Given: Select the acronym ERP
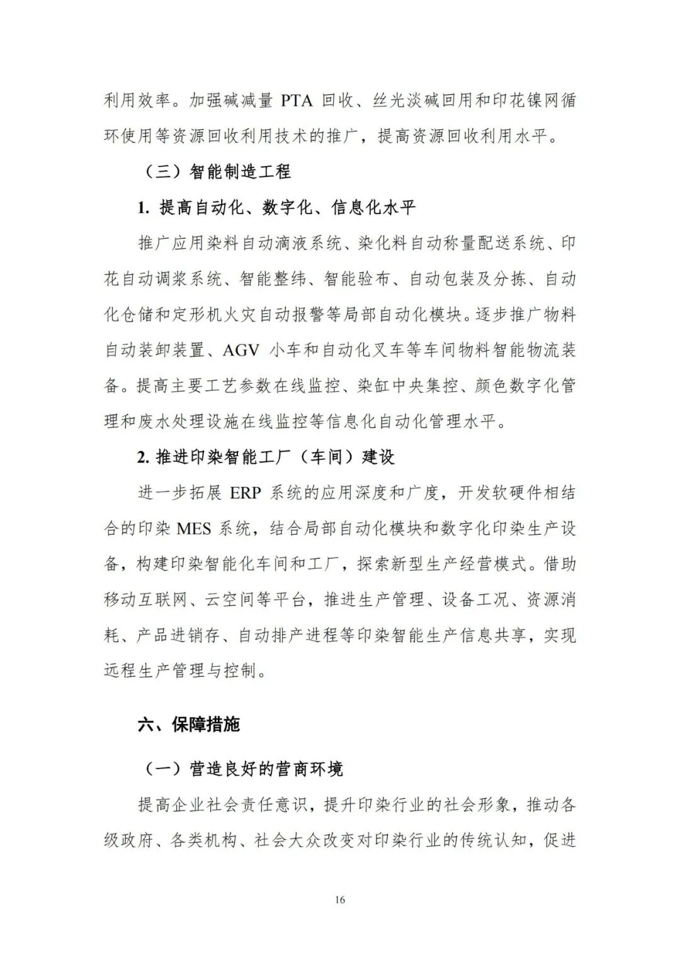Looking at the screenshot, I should (245, 493).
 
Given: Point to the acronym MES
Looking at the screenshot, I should (194, 529).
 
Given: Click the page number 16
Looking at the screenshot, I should (340, 900).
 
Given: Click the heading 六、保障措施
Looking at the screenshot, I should (189, 724).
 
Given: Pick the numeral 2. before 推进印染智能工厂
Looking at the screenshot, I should (143, 457).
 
